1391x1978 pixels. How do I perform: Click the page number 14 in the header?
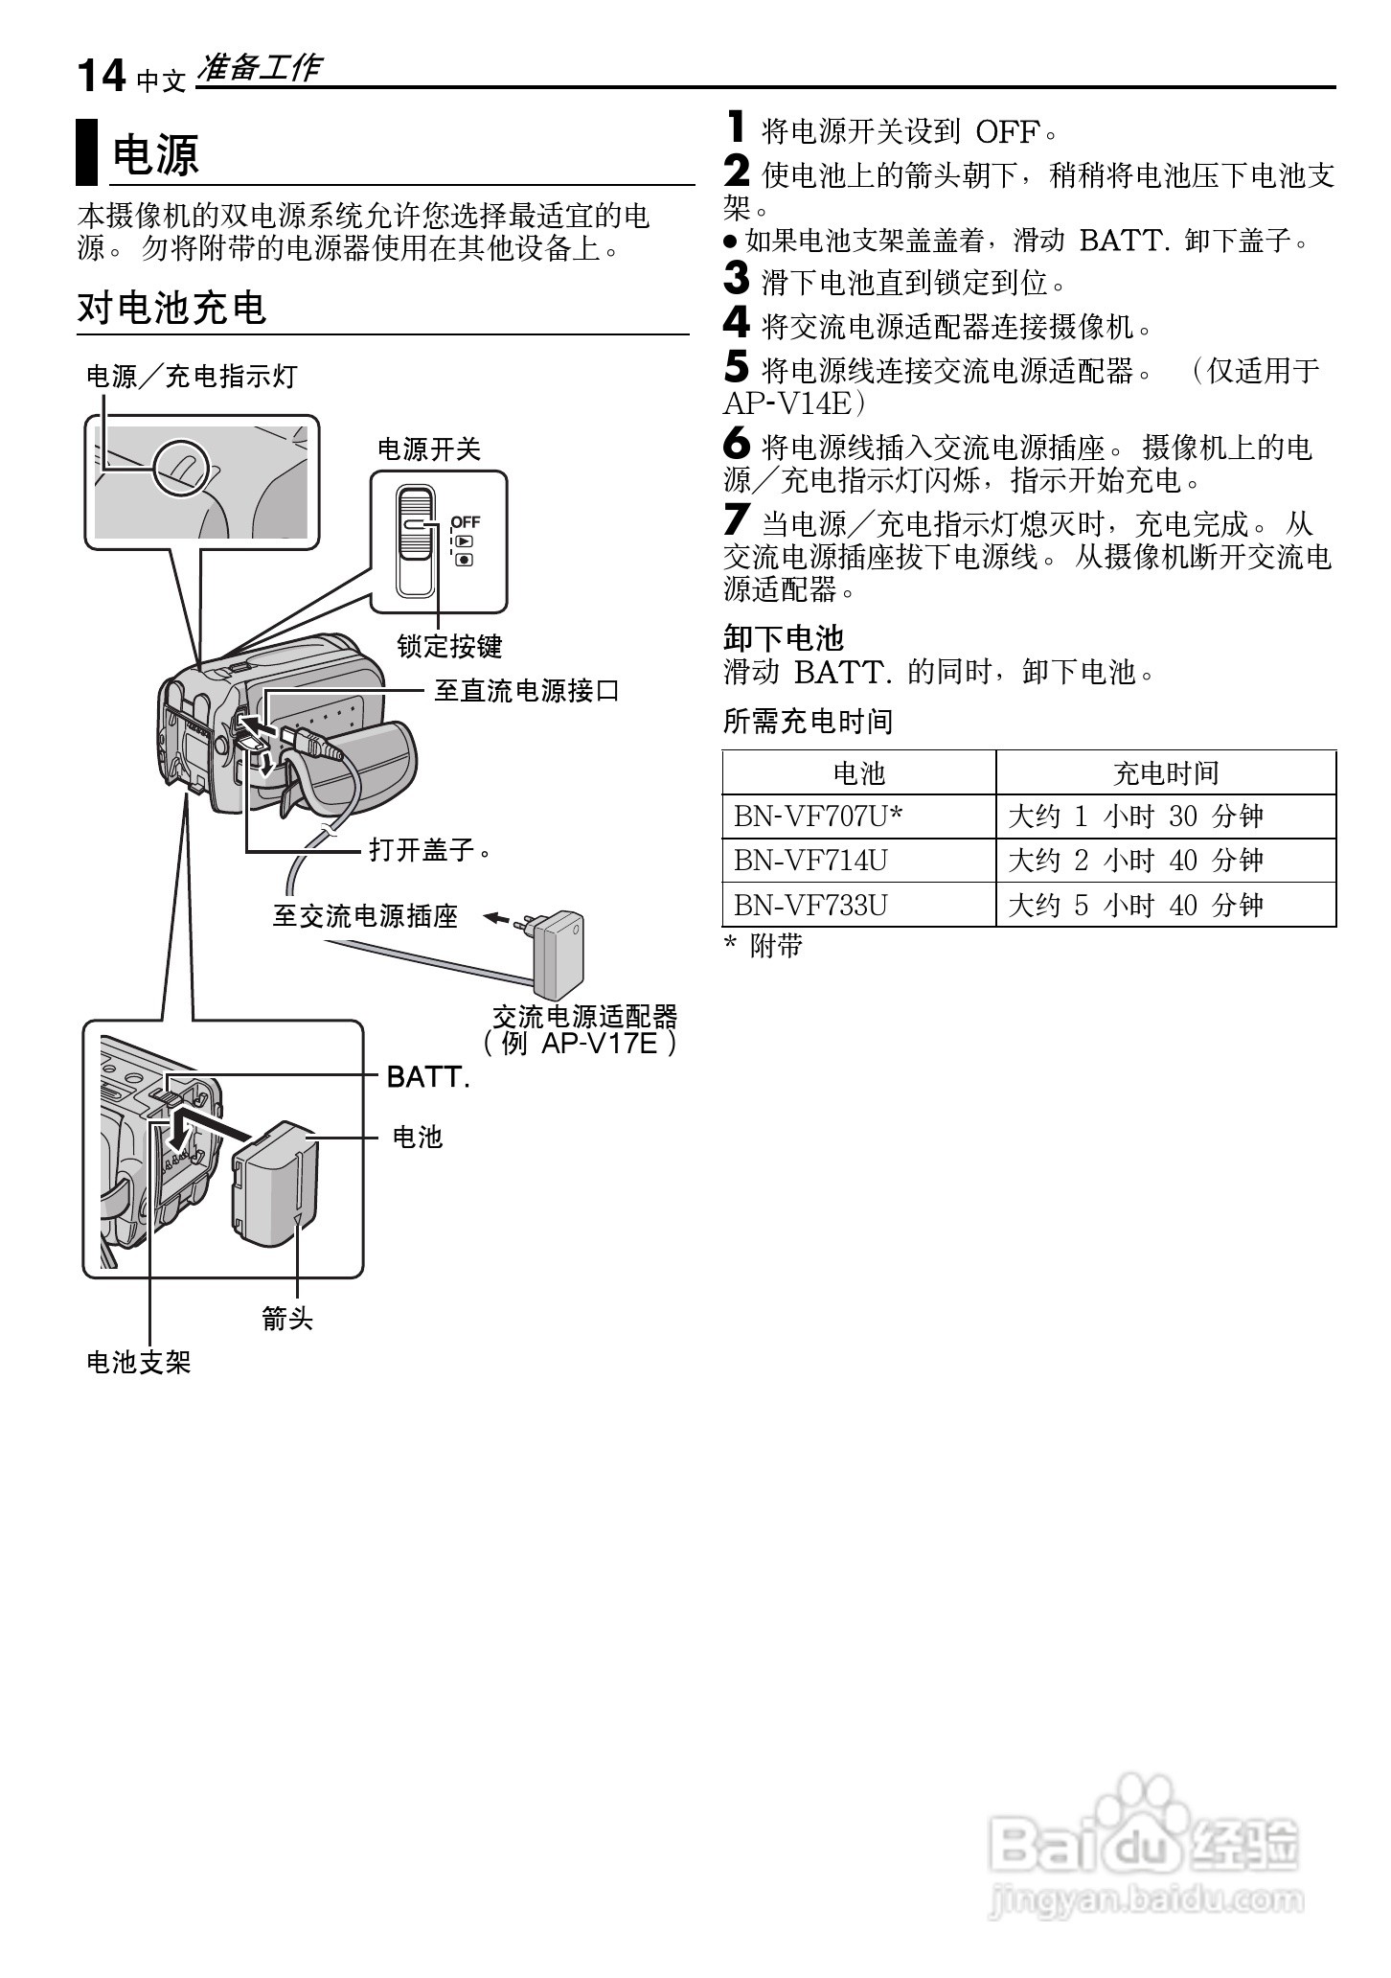point(101,76)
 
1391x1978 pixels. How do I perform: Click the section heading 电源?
point(155,154)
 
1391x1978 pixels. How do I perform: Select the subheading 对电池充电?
point(171,309)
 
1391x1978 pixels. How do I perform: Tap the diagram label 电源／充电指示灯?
point(192,377)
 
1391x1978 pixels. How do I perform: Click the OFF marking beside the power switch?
point(466,522)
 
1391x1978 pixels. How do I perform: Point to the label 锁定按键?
point(449,647)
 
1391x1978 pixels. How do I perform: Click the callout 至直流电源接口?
point(526,690)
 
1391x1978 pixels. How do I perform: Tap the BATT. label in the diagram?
point(427,1077)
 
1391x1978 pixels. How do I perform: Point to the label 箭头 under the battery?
point(287,1320)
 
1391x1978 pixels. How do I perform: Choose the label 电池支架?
point(139,1362)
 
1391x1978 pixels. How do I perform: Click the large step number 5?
point(736,367)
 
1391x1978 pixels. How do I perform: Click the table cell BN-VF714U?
point(810,861)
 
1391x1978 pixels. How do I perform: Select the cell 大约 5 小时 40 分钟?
point(1135,905)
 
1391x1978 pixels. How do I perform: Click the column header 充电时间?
point(1165,772)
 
